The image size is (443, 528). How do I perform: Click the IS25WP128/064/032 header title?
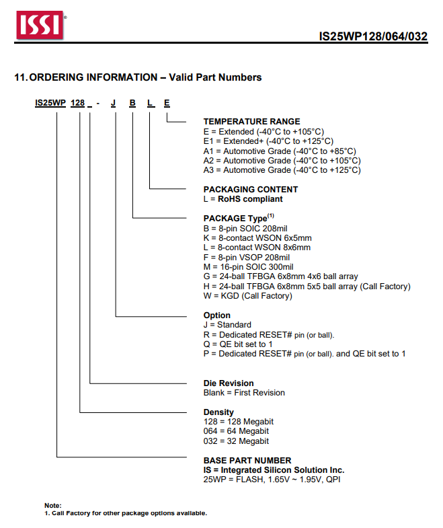(x=373, y=36)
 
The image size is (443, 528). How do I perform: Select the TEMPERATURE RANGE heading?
(x=252, y=122)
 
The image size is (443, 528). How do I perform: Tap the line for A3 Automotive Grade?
(x=282, y=170)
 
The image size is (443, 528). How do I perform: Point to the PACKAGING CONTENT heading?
(x=251, y=190)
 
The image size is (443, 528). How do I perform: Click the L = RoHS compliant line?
(x=243, y=199)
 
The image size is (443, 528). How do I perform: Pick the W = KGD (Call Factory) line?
(x=248, y=295)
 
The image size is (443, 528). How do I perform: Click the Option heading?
(x=217, y=315)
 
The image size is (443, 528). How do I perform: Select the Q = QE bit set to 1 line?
(x=247, y=344)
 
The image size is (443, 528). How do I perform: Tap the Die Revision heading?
(x=229, y=383)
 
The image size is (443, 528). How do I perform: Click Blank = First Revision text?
(x=244, y=393)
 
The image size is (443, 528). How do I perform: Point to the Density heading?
(x=219, y=412)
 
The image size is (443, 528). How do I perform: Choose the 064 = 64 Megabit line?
(x=236, y=431)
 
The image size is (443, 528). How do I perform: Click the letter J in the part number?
(x=114, y=103)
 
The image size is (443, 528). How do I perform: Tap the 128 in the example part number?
(x=78, y=103)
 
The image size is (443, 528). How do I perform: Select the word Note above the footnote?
(x=52, y=505)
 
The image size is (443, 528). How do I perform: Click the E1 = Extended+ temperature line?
(x=268, y=141)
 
